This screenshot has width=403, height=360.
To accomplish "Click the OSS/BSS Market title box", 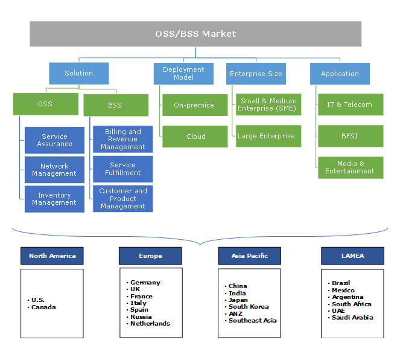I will pos(195,34).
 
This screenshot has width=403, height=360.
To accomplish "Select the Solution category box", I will pos(78,73).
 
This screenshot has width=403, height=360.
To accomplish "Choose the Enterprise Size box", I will pos(256,74).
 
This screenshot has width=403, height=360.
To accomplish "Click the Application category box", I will pos(340,74).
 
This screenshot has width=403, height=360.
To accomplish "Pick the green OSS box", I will pos(45,104).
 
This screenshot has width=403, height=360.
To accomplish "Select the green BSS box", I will pos(115,105).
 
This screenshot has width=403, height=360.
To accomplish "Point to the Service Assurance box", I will pos(54,140).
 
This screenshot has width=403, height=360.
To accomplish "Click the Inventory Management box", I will pos(54,199).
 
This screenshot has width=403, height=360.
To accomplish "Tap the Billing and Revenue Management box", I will pos(122,140).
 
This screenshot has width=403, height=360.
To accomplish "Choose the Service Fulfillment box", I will pos(122,169).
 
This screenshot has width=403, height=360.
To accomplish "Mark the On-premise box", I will pos(194,105).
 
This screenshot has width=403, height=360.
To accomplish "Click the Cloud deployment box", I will pos(195,137).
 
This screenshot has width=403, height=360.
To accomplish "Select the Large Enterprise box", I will pos(267,137).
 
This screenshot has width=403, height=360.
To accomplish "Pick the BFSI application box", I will pos(350,136).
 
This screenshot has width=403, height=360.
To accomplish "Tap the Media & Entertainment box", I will pos(350,167).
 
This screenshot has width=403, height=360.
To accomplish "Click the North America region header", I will pos(52,256).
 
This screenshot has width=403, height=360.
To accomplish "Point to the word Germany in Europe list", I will pos(145,282).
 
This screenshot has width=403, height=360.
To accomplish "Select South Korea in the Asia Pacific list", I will pos(249,307).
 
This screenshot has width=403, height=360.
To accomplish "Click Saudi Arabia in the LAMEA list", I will pos(352,317).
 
